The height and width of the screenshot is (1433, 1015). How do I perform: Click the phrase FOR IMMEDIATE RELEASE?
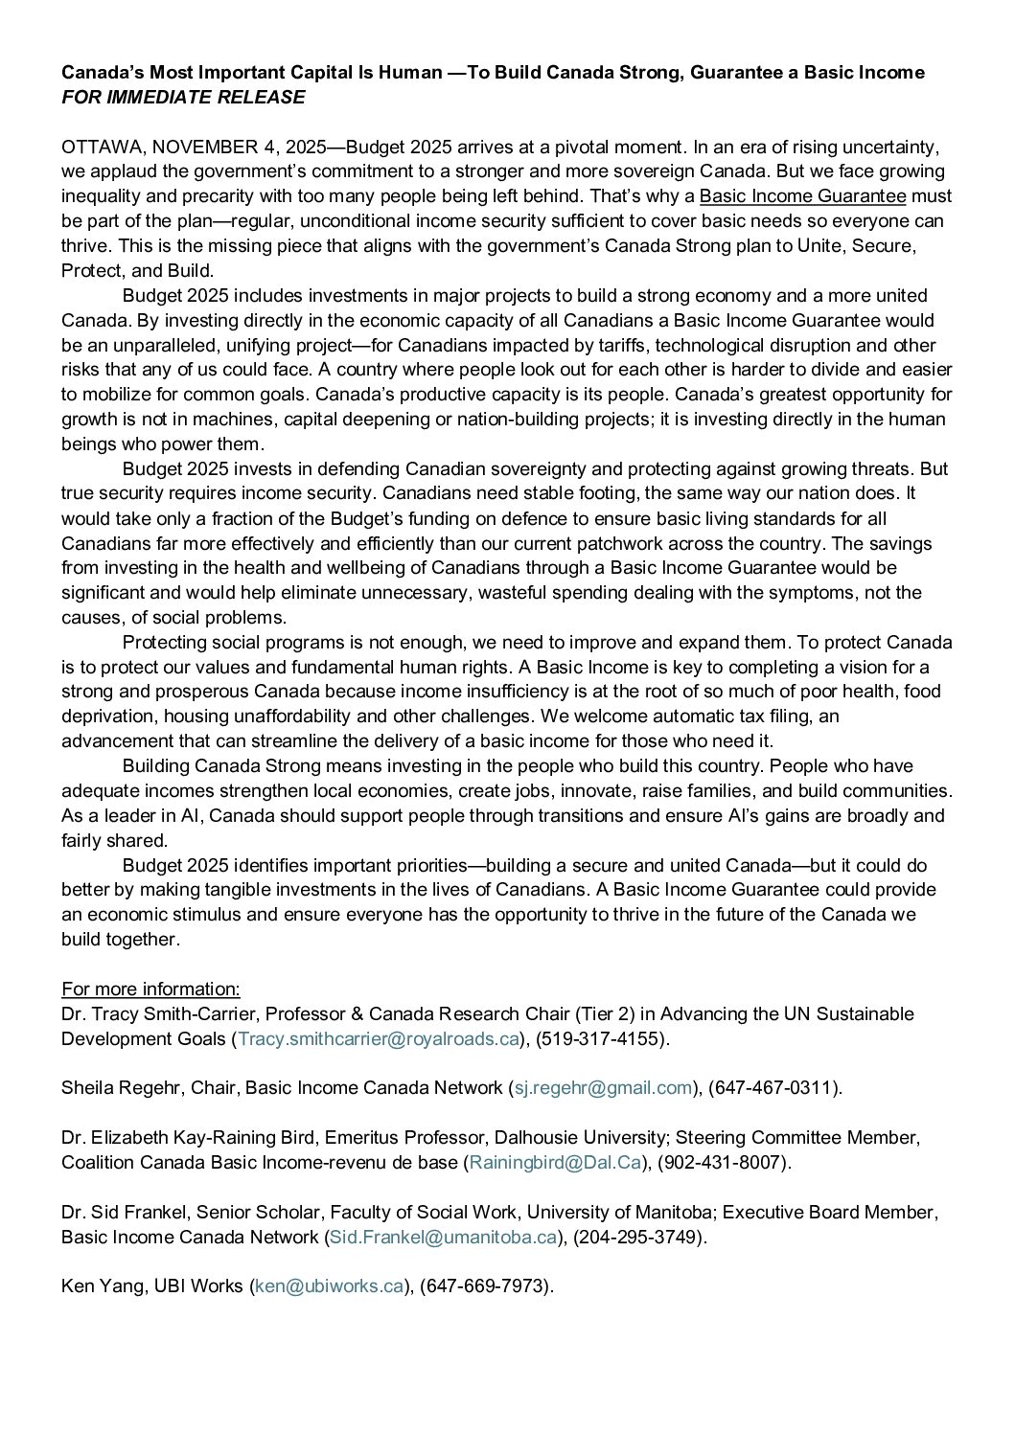(x=183, y=97)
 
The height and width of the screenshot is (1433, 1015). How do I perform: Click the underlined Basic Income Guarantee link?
(x=802, y=196)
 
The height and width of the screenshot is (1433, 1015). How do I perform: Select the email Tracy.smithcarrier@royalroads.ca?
(x=379, y=1038)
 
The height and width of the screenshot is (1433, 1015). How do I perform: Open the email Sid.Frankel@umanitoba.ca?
(x=443, y=1237)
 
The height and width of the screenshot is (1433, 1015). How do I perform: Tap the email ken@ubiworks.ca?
(x=328, y=1286)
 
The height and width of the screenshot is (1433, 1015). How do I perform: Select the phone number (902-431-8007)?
(x=725, y=1162)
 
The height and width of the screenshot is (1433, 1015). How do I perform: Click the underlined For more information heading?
(x=150, y=989)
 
